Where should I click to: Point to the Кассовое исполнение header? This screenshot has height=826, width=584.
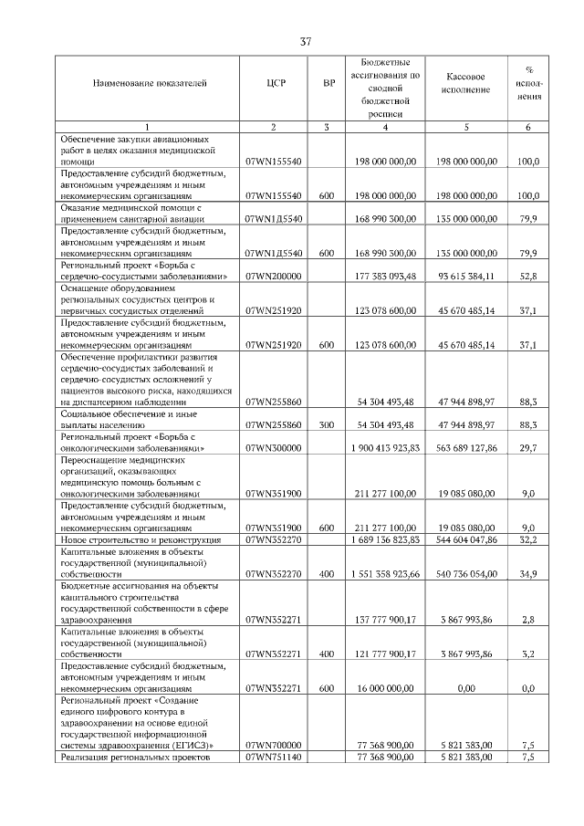coord(465,84)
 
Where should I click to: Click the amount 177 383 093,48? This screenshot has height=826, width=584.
coord(386,276)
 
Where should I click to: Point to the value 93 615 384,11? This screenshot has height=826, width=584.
coord(465,276)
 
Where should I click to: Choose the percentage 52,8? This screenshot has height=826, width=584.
coord(527,276)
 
